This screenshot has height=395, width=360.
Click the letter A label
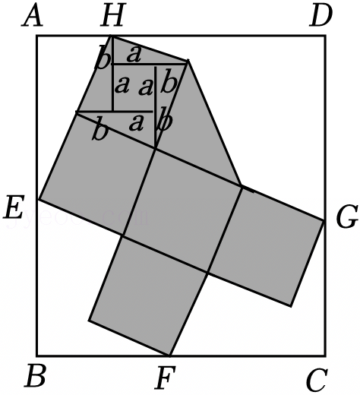click(32, 16)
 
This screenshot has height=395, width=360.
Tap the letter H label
click(113, 16)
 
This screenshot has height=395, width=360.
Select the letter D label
click(321, 16)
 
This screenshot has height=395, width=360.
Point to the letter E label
click(14, 207)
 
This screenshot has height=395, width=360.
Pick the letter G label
click(347, 216)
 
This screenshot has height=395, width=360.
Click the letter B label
click(36, 375)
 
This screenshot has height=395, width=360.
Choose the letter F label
click(166, 378)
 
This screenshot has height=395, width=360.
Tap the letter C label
click(317, 381)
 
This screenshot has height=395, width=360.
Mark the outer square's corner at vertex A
click(37, 36)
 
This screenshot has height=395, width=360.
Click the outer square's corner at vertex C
click(325, 355)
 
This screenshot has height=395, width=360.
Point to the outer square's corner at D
click(325, 36)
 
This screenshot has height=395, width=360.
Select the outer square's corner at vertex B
click(37, 355)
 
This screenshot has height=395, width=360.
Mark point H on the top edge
click(112, 36)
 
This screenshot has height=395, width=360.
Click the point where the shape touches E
click(38, 200)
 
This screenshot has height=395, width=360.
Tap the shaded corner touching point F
click(169, 355)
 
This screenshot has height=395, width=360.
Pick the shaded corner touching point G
click(324, 221)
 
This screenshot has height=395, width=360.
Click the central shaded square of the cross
click(182, 211)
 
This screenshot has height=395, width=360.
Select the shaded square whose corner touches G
click(266, 246)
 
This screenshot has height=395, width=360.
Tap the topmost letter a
click(134, 55)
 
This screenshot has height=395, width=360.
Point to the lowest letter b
click(100, 131)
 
